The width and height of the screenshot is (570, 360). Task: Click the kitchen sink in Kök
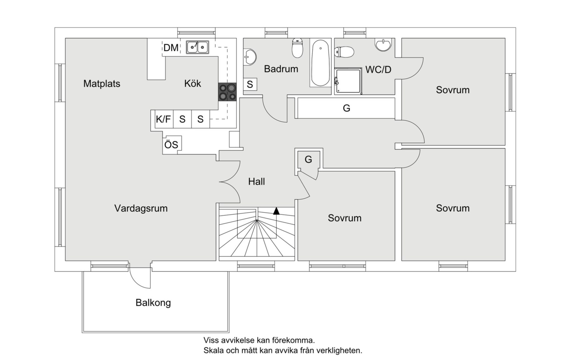[197, 47]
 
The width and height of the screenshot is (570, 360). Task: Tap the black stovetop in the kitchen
[227, 92]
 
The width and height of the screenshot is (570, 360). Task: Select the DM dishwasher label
[171, 48]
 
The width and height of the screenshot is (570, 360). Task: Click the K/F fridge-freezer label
[163, 119]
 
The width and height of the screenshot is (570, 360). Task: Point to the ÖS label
[171, 145]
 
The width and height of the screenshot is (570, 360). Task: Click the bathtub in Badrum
[320, 63]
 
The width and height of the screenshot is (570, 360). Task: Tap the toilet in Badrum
[297, 48]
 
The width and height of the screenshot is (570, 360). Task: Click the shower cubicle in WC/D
[348, 81]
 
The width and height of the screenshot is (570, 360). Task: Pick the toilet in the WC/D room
[344, 52]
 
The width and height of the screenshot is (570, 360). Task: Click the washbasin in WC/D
[383, 45]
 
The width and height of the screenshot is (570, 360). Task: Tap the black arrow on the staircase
[276, 211]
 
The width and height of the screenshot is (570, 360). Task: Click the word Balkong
[153, 303]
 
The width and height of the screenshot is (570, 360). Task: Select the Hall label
[257, 182]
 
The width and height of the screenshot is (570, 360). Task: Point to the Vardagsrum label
[141, 208]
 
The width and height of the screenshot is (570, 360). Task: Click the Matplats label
[102, 84]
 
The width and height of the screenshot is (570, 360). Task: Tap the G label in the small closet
[308, 160]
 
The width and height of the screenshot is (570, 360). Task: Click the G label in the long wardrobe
[346, 108]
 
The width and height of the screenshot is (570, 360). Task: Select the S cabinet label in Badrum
[250, 84]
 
